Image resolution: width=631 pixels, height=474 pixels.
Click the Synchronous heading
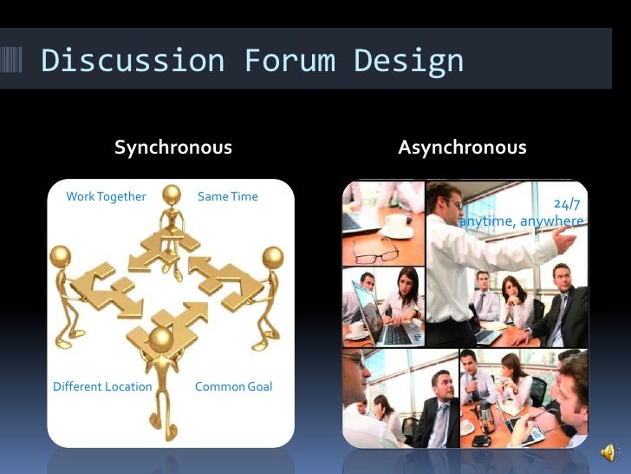tap(173, 148)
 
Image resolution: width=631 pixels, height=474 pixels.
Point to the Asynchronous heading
tap(462, 148)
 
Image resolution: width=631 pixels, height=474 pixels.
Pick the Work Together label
tap(106, 196)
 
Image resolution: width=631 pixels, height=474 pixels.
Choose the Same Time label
tap(228, 196)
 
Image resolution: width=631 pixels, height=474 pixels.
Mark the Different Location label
tap(102, 386)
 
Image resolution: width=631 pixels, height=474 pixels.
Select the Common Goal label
tap(233, 386)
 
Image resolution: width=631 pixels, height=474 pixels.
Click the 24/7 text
tap(568, 205)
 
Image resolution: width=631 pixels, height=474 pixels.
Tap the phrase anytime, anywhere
tap(522, 221)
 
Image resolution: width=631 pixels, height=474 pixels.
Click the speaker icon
tap(608, 451)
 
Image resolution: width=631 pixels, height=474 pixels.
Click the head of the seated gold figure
tap(172, 194)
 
